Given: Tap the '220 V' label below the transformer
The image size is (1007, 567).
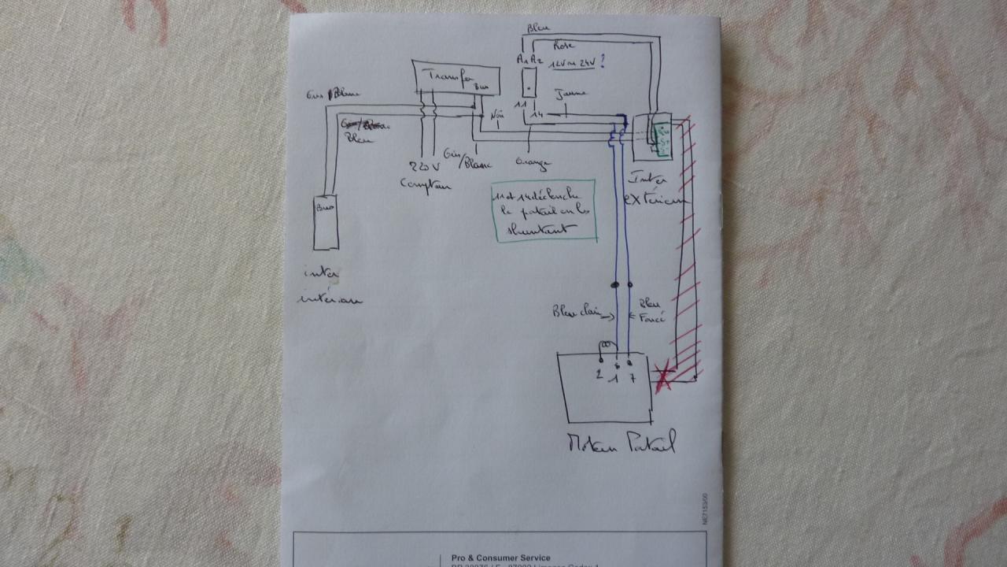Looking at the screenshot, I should click(x=424, y=166).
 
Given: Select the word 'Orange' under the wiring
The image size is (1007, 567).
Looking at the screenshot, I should click(x=533, y=164).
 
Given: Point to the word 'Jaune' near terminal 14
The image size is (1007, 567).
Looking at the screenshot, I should click(x=570, y=93).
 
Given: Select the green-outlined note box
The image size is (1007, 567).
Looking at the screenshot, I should click(x=544, y=210).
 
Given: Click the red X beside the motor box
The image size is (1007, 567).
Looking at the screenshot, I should click(x=662, y=376).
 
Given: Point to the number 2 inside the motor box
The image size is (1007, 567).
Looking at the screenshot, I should click(x=599, y=376).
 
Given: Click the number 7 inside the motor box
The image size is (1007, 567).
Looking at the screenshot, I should click(x=632, y=378).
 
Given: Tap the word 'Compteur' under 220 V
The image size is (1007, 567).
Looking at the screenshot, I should click(x=426, y=184).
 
